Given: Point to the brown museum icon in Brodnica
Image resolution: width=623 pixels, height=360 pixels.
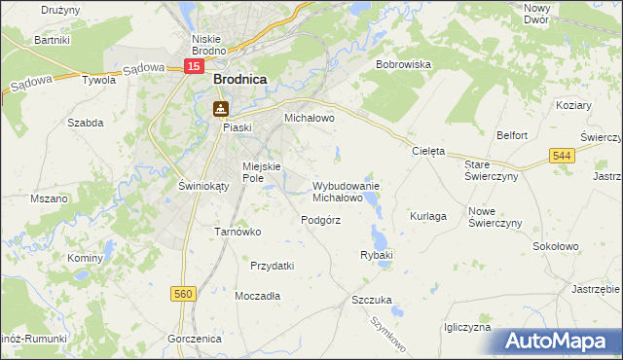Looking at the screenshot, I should pyautogui.click(x=221, y=108).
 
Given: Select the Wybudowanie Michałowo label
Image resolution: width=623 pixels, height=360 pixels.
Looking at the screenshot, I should pyautogui.click(x=346, y=191).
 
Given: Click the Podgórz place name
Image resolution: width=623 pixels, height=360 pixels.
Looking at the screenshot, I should pyautogui.click(x=320, y=220).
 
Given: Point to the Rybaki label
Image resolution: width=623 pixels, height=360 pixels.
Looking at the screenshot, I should pyautogui.click(x=376, y=255).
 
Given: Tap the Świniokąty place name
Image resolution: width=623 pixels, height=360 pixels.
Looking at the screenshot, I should pyautogui.click(x=176, y=186).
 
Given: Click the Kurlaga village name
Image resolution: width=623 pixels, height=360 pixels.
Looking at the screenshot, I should pyautogui.click(x=428, y=216).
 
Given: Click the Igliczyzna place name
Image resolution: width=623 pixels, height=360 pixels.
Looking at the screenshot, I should pyautogui.click(x=466, y=328).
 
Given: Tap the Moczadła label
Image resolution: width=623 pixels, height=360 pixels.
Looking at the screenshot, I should pyautogui.click(x=258, y=295).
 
